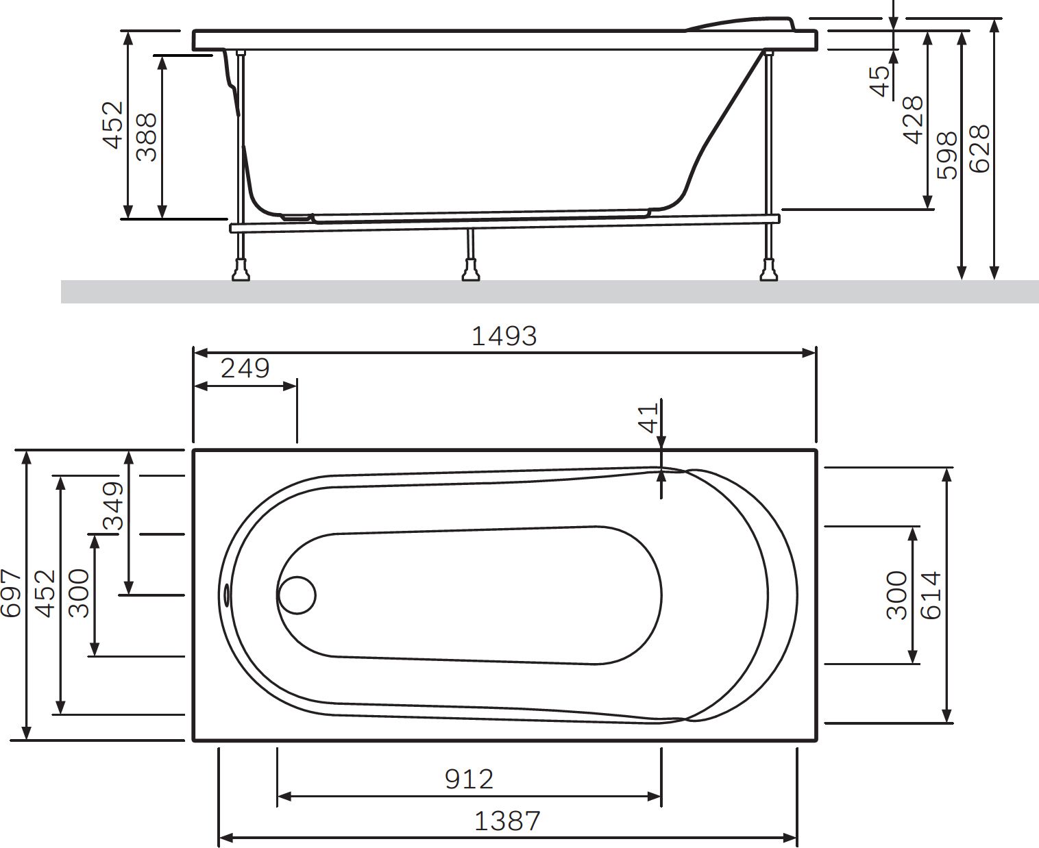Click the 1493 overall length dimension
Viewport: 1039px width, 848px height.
click(504, 336)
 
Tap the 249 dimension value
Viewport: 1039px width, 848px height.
click(245, 369)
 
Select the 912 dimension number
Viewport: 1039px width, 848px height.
click(469, 779)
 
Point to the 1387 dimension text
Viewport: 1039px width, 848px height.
click(507, 820)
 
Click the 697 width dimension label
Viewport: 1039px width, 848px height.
click(12, 593)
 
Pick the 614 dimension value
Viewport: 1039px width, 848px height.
click(931, 595)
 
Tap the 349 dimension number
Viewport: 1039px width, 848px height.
click(113, 506)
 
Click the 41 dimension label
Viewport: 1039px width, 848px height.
click(648, 417)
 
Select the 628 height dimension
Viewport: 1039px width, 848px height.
click(981, 149)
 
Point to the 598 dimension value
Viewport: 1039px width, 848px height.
click(948, 155)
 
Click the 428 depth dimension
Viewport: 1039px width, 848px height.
click(913, 120)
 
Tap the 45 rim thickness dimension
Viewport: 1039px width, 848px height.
click(880, 80)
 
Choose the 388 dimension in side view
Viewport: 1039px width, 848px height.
click(147, 137)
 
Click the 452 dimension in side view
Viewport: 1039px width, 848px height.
click(113, 125)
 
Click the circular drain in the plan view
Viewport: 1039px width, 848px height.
click(297, 594)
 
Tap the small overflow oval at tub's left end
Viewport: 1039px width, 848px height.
click(227, 594)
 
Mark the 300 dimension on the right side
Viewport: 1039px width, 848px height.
click(897, 595)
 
